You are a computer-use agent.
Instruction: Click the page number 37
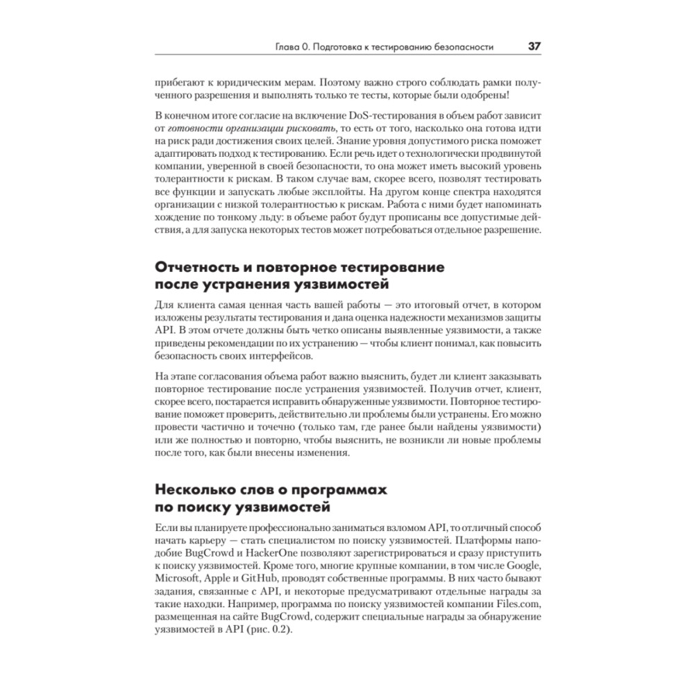[534, 47]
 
